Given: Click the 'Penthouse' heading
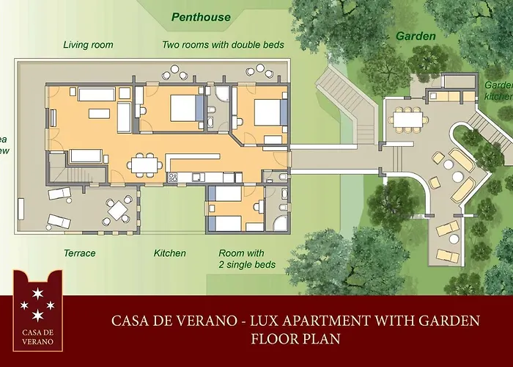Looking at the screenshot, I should coord(200,16).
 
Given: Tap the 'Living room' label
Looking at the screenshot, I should coord(88,45).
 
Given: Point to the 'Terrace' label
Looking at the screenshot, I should coord(79,253).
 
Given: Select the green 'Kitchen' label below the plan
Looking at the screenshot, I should coord(169,253).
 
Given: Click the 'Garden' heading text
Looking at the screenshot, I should coord(416,35).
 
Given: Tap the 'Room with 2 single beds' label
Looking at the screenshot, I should coord(246,258).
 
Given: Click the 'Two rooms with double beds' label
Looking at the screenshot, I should coord(223,45).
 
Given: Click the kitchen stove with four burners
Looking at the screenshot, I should coord(173,177).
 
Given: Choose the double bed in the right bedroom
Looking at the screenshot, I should coord(267,112).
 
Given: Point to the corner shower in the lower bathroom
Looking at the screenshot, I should coord(278,222).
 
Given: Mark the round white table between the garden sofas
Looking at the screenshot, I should coord(457,176).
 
